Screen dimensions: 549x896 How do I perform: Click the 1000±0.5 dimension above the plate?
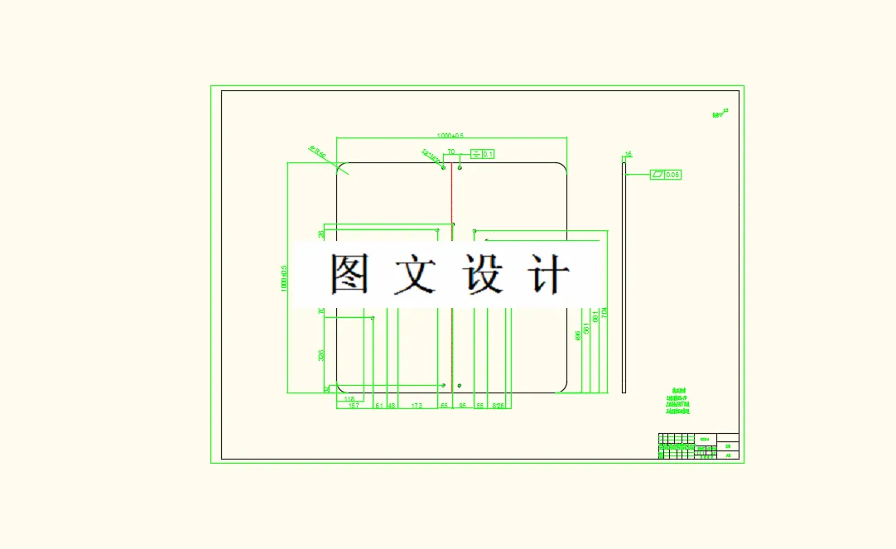click(x=450, y=135)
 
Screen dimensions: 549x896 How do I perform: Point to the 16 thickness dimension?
click(x=628, y=154)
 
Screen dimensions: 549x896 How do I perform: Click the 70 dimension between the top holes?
click(x=451, y=152)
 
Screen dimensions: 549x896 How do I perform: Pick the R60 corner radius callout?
click(x=317, y=152)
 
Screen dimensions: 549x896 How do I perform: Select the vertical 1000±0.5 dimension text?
click(x=283, y=278)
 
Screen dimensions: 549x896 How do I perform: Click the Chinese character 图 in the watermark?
click(x=349, y=273)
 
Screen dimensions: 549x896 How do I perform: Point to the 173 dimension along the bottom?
click(x=416, y=406)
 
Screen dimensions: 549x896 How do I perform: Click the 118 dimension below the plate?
click(x=349, y=399)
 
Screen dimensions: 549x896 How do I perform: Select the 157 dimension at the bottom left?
click(x=353, y=406)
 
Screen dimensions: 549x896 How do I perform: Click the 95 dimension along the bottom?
click(x=462, y=406)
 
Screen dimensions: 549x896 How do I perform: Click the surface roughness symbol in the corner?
click(x=720, y=114)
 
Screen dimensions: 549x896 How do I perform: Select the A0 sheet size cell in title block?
click(x=729, y=455)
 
